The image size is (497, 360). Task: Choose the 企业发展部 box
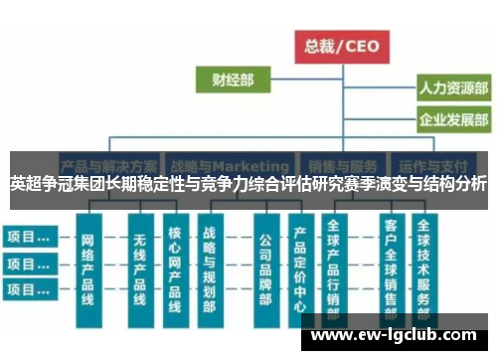coord(452,121)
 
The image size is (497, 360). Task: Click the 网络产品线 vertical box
coord(87,270)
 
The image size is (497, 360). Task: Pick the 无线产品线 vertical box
coord(139,270)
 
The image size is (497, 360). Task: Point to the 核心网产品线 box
coord(175,270)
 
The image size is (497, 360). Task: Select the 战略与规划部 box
coord(210,270)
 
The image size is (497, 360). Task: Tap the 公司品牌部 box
coord(264,270)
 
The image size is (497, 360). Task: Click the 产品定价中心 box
coord(299,270)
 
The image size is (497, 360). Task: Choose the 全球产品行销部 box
coord(334,270)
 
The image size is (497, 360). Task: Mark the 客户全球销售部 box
coord(391,270)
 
